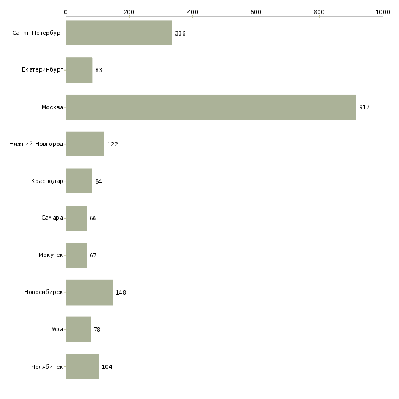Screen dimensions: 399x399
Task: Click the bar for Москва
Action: pyautogui.click(x=211, y=107)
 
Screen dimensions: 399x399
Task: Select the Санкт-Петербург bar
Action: pyautogui.click(x=119, y=33)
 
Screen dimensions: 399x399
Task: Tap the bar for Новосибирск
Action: pyautogui.click(x=89, y=292)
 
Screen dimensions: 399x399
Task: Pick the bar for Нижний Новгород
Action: pyautogui.click(x=85, y=144)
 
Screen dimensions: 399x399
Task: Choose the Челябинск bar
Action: pyautogui.click(x=82, y=366)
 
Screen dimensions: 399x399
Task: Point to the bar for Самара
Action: pyautogui.click(x=76, y=218)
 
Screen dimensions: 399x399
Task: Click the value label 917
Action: pyautogui.click(x=365, y=107)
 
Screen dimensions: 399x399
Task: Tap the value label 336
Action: pyautogui.click(x=180, y=33)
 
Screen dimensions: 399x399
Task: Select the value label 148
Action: pyautogui.click(x=121, y=292)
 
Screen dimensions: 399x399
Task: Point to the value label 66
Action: pyautogui.click(x=93, y=218)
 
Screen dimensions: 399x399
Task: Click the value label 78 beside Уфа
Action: pyautogui.click(x=97, y=330)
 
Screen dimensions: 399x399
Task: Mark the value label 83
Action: pyautogui.click(x=99, y=71)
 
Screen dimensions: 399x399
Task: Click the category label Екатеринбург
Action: pyautogui.click(x=43, y=70)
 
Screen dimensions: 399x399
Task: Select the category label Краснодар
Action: pyautogui.click(x=47, y=181)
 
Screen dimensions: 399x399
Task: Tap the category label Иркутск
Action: pyautogui.click(x=50, y=255)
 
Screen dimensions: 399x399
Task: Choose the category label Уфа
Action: pyautogui.click(x=57, y=329)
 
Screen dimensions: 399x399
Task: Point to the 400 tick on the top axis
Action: pyautogui.click(x=192, y=11)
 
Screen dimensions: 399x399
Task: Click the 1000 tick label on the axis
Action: pyautogui.click(x=383, y=11)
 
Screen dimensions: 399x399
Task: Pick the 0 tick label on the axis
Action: pyautogui.click(x=66, y=11)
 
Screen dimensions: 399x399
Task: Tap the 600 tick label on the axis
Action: pyautogui.click(x=256, y=11)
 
